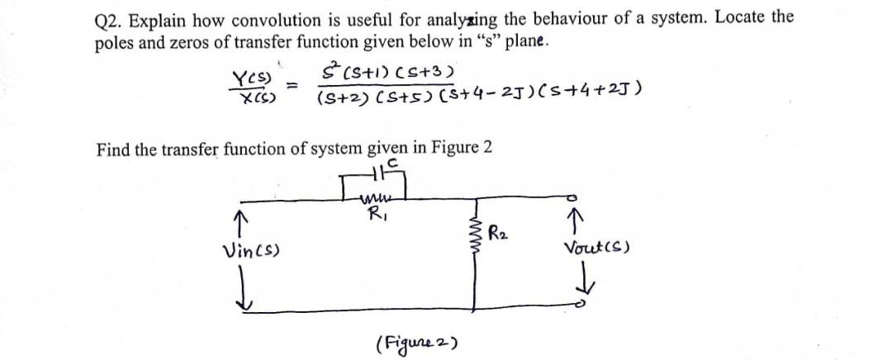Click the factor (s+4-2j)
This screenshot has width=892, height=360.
478,98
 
